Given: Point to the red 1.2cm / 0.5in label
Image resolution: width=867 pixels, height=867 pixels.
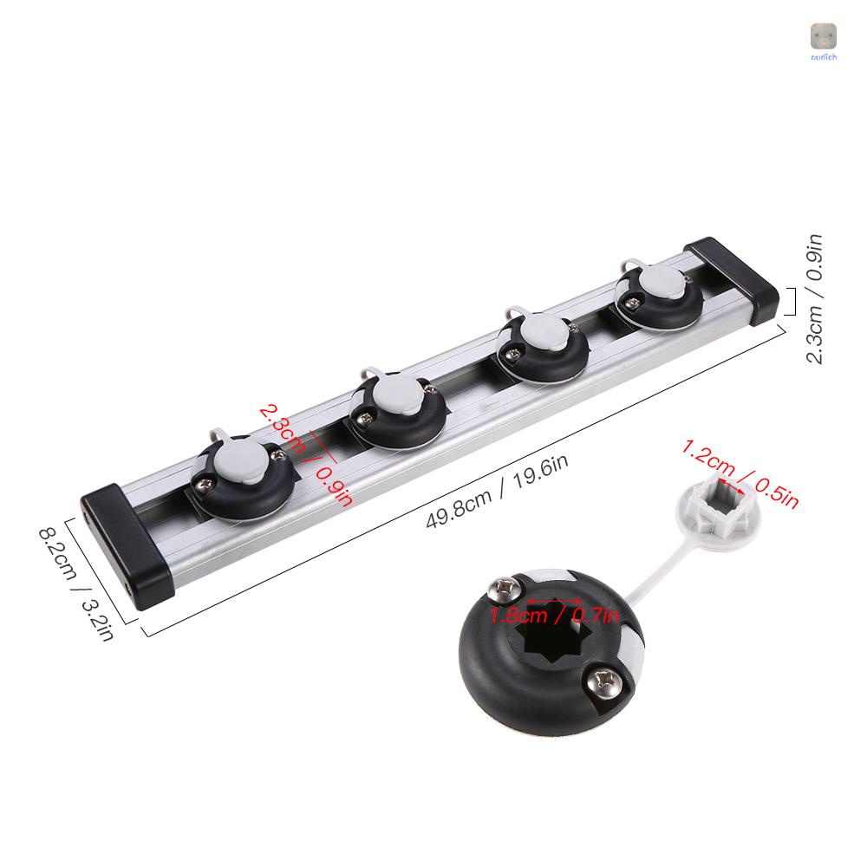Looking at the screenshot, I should click(739, 473).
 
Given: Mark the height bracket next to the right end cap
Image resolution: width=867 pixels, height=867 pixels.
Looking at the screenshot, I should click(791, 302).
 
